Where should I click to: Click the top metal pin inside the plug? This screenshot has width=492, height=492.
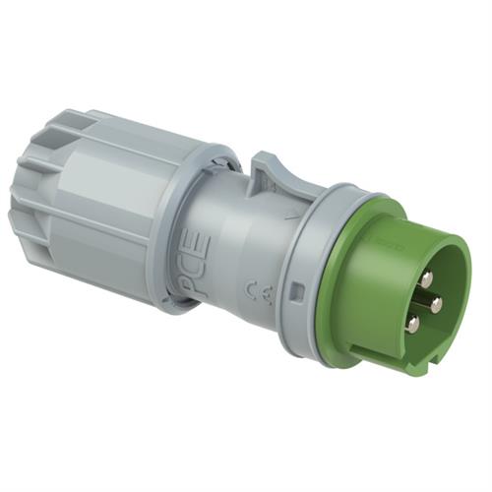[425, 279]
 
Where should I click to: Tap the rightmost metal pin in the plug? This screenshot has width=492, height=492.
[436, 304]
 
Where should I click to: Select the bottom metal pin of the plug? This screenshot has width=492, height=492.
[413, 324]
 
